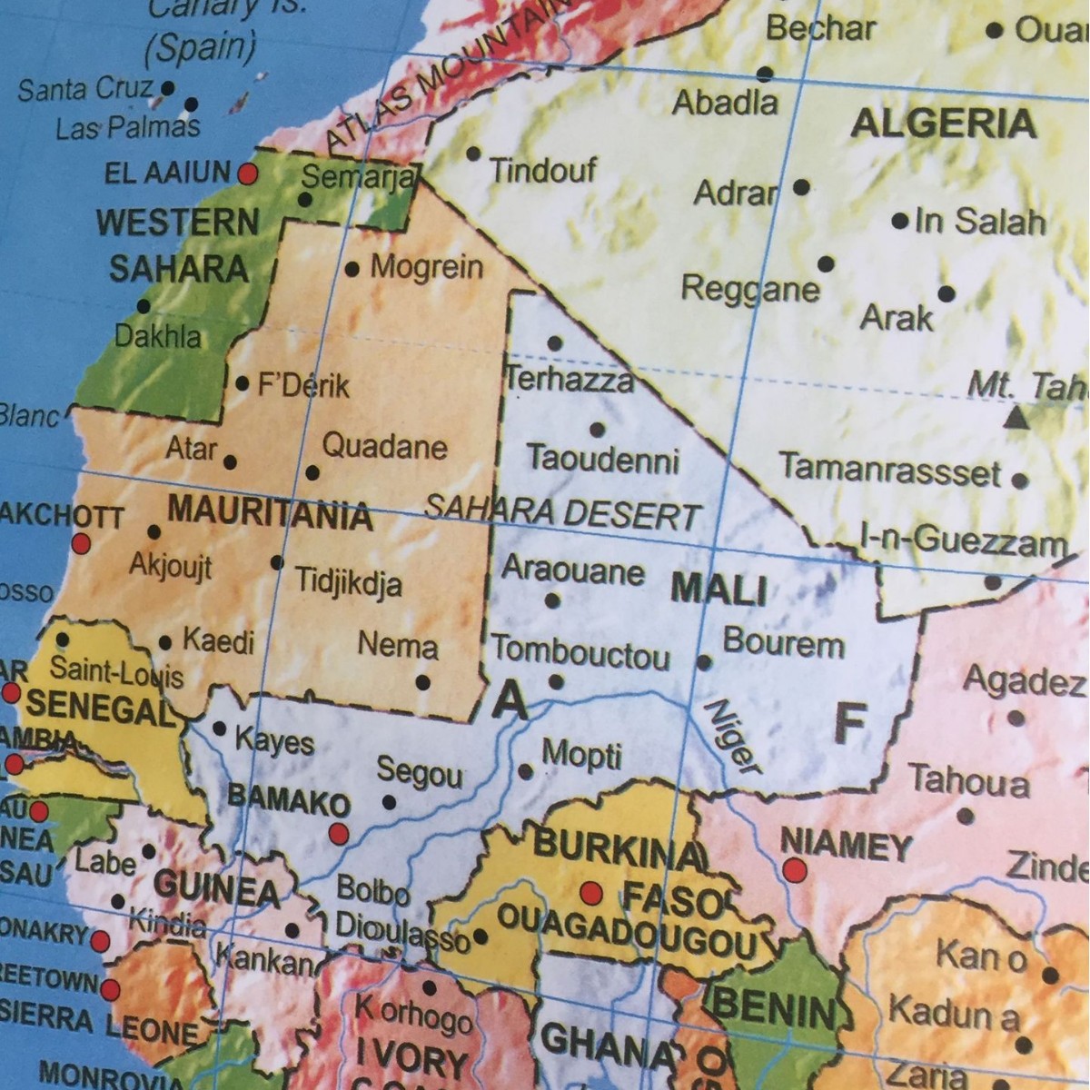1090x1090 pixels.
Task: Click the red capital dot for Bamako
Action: (x=339, y=833)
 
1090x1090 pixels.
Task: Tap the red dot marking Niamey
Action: (x=795, y=870)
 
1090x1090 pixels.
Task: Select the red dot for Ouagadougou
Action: (x=591, y=893)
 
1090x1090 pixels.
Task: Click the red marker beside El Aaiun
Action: (x=247, y=173)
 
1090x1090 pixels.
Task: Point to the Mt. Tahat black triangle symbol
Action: (x=1016, y=419)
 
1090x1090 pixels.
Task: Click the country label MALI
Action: (x=718, y=590)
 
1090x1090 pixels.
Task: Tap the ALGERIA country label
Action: (x=943, y=124)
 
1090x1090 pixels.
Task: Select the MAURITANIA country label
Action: (x=270, y=512)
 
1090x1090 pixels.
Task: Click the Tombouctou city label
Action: (x=580, y=653)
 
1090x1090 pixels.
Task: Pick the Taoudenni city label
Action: (x=602, y=459)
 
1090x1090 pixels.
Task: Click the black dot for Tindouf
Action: (x=473, y=154)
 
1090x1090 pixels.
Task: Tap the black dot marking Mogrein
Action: (x=352, y=269)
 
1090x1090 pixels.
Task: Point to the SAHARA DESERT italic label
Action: (x=562, y=513)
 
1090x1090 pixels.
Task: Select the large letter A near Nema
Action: (x=509, y=699)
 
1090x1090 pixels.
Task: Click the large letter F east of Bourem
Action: (x=848, y=724)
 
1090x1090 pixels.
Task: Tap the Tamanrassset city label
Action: (x=890, y=470)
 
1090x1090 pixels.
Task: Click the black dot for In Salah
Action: (x=899, y=221)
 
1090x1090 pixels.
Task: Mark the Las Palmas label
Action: (x=127, y=128)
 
